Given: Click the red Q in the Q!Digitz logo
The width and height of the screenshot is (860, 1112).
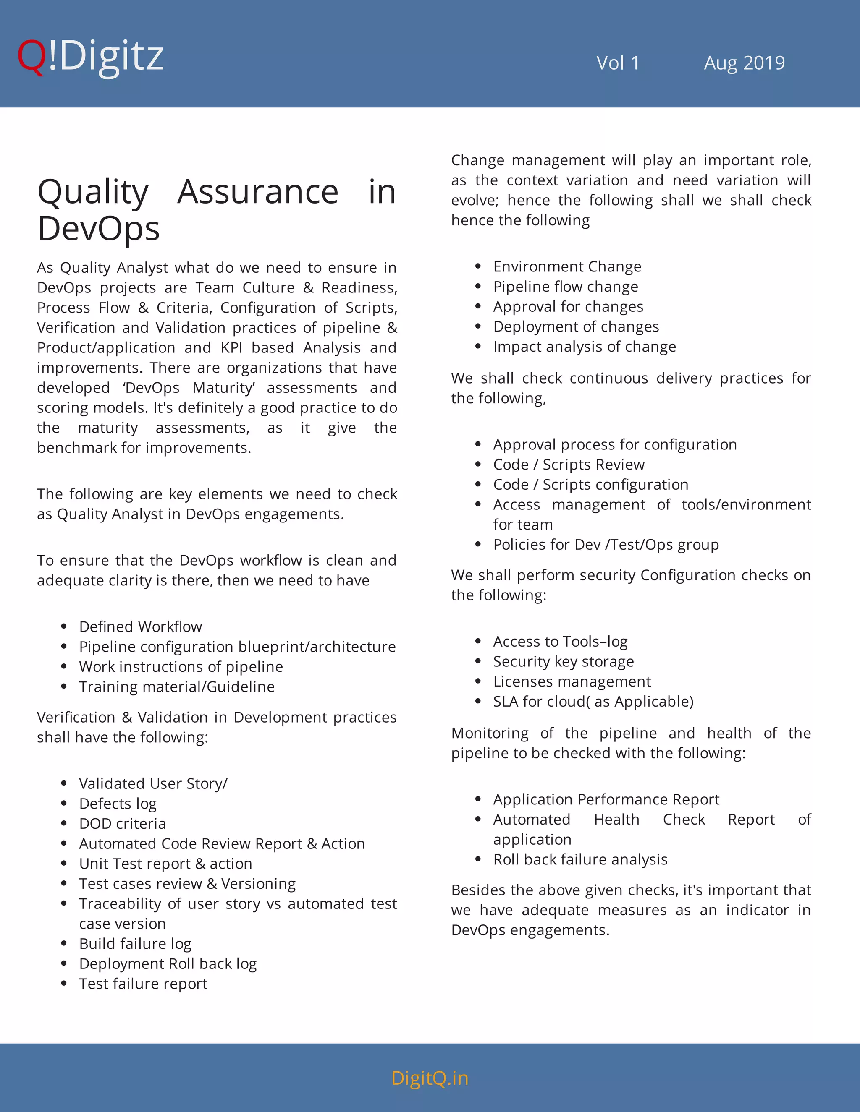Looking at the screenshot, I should click(x=31, y=57).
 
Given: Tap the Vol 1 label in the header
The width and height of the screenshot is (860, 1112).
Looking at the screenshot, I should click(x=617, y=63).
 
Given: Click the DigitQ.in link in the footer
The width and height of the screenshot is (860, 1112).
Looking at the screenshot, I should click(x=430, y=1078).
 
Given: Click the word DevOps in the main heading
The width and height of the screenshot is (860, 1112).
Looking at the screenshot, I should click(x=98, y=228).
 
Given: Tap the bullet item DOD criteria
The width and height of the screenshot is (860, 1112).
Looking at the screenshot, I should click(x=122, y=823).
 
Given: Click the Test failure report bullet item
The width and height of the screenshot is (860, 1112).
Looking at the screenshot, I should click(x=143, y=984).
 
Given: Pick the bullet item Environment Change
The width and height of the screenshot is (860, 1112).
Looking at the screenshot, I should click(x=567, y=266).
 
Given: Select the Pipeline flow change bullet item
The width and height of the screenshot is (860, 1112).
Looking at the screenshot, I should click(x=566, y=287).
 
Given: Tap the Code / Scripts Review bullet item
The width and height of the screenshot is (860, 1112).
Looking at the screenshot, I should click(x=569, y=465).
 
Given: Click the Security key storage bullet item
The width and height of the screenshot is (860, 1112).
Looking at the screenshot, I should click(x=564, y=661).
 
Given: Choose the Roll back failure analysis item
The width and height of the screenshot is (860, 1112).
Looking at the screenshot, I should click(x=580, y=859).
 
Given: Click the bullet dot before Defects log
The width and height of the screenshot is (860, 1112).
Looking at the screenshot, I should click(x=64, y=804).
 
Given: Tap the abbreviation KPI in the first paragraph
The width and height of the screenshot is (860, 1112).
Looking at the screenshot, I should click(x=231, y=348).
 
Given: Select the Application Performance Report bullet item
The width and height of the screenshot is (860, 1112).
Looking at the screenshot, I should click(x=606, y=799).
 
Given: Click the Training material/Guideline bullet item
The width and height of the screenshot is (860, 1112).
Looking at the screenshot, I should click(x=176, y=687).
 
